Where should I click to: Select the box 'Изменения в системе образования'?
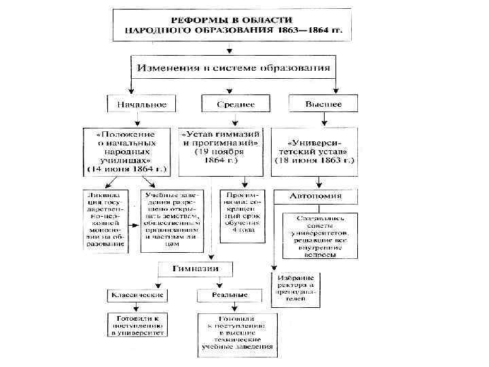pyautogui.click(x=234, y=67)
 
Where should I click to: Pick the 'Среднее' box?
pyautogui.click(x=236, y=105)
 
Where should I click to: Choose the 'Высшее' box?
pyautogui.click(x=324, y=105)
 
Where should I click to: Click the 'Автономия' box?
pyautogui.click(x=316, y=196)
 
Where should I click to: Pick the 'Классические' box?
pyautogui.click(x=137, y=296)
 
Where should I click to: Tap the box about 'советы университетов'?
pyautogui.click(x=314, y=236)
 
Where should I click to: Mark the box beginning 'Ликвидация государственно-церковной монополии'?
pyautogui.click(x=106, y=219)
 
